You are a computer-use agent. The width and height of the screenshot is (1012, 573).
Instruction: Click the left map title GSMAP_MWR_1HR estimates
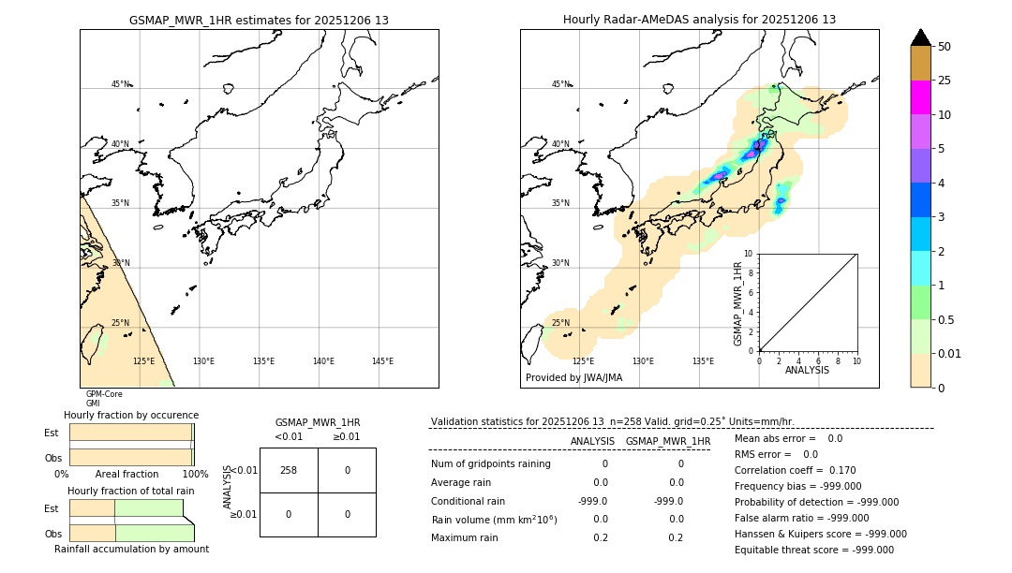(259, 20)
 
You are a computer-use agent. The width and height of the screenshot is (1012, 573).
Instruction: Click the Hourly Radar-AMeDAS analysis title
(699, 20)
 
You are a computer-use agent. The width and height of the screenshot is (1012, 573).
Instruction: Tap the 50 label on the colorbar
(945, 47)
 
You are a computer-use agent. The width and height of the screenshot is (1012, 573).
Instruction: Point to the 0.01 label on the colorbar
(950, 353)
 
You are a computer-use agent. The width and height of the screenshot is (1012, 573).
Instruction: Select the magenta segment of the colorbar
(920, 97)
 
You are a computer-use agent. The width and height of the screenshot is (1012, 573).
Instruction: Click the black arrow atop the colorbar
(920, 37)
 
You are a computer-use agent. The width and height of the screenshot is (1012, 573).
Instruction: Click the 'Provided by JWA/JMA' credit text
(573, 378)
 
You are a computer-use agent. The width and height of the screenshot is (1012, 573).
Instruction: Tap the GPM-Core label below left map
(104, 394)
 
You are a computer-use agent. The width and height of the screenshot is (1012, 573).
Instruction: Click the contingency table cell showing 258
(289, 470)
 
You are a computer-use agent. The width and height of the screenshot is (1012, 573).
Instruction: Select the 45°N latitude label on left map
(120, 84)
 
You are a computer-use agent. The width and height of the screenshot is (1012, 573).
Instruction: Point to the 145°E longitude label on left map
(382, 361)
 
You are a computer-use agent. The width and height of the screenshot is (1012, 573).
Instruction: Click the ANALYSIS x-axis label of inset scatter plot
(807, 371)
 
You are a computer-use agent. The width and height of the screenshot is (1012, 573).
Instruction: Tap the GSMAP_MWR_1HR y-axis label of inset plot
(738, 303)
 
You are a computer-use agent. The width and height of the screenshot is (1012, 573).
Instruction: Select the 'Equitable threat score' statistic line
(813, 550)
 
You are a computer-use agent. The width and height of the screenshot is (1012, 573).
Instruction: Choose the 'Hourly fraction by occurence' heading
(131, 415)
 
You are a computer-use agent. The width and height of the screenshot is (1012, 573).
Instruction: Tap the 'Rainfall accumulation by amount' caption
(131, 549)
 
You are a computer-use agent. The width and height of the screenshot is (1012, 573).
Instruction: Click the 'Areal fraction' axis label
(126, 475)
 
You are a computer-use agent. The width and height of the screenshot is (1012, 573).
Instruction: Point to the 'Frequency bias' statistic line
(797, 486)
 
